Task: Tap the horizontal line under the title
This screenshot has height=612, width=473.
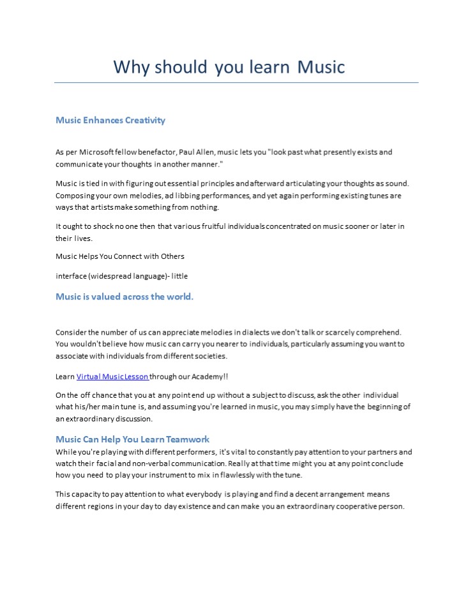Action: click(x=236, y=82)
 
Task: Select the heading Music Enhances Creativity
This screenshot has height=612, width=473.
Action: click(x=110, y=120)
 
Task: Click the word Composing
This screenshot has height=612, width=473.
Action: click(x=76, y=196)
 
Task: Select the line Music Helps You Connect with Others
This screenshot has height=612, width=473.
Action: click(x=120, y=256)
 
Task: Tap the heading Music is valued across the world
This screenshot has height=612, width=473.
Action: click(x=124, y=296)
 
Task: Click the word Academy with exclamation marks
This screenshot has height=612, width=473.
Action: click(x=207, y=377)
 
